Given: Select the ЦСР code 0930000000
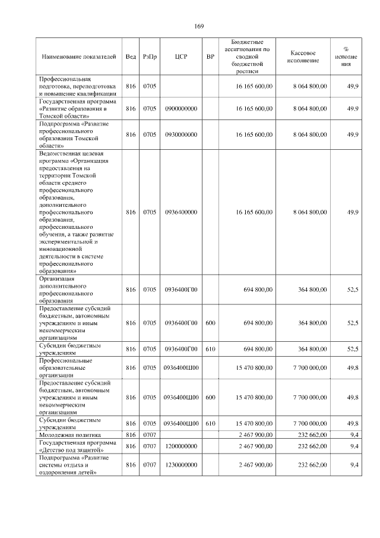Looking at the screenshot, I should pos(181,135).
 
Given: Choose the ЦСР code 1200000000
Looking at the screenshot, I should pos(181,445).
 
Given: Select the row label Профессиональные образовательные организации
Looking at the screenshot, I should pos(65,368).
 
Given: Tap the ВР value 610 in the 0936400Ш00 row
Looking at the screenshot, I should pos(210,423).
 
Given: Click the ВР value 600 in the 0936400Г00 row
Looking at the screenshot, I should pos(210,323).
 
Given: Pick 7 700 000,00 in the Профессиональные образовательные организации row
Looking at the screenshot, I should pos(310,368).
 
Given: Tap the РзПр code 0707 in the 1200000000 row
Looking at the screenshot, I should pos(150,445).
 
